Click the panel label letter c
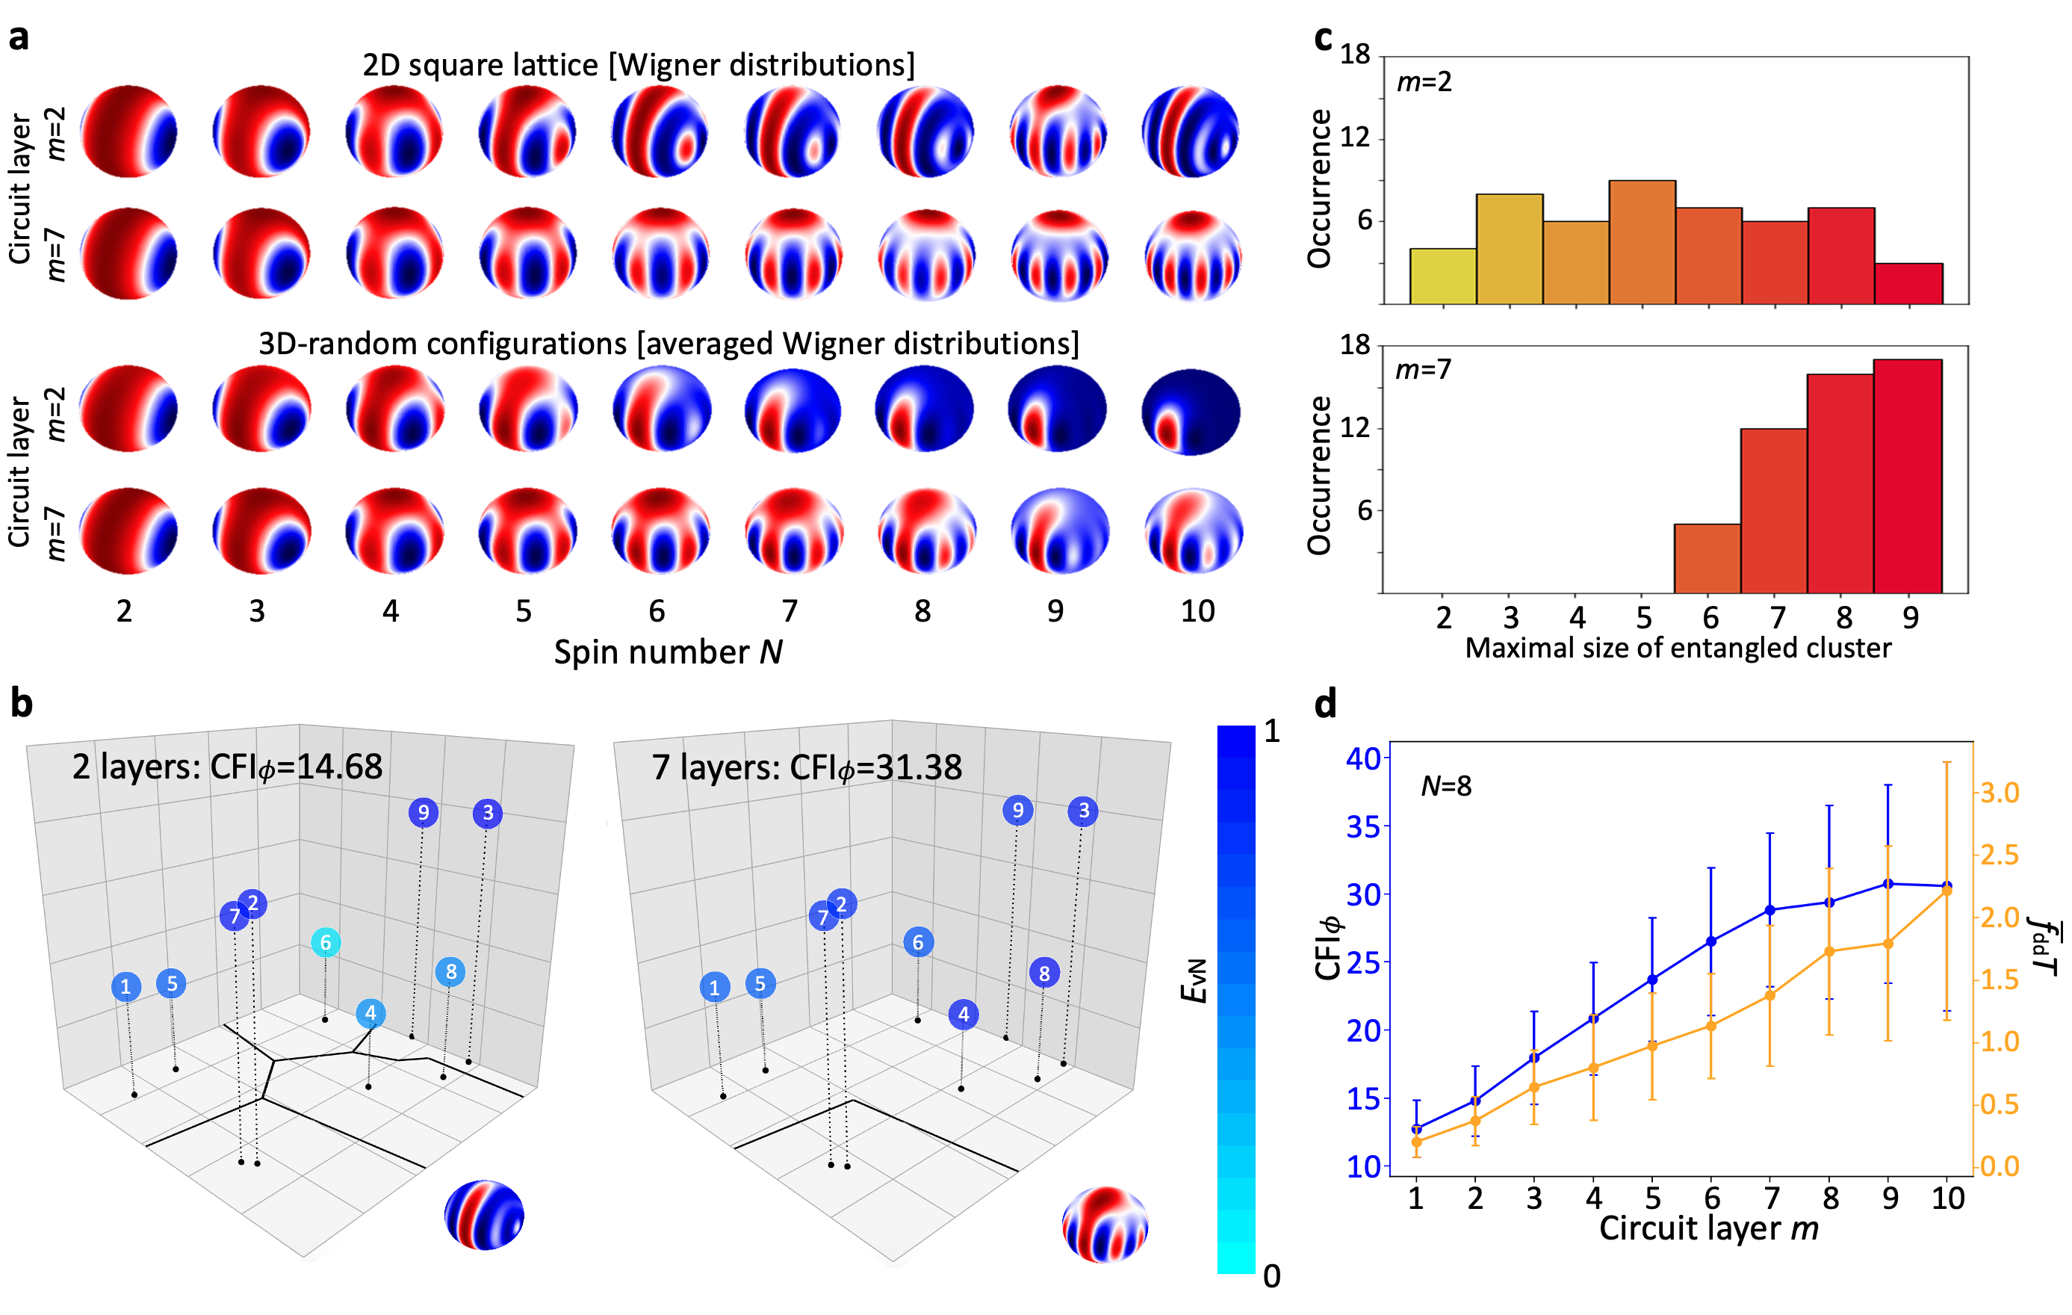click(1324, 38)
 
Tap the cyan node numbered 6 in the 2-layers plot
click(325, 942)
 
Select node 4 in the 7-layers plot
click(964, 1015)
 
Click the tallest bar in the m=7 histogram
click(1908, 476)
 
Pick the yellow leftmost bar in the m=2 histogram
click(1443, 276)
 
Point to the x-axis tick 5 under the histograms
click(1643, 617)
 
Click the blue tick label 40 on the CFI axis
click(1362, 758)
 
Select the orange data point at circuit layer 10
click(1947, 891)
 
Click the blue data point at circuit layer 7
click(1770, 909)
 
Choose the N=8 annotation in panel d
click(1445, 786)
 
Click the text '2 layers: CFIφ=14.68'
click(227, 767)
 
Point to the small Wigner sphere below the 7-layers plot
click(1105, 1224)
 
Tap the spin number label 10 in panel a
click(1197, 611)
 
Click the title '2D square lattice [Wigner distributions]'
click(639, 66)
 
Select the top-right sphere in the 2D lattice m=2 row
click(1190, 131)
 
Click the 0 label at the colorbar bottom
click(1272, 1276)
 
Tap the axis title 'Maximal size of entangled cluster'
click(1678, 648)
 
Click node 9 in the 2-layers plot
click(424, 812)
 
